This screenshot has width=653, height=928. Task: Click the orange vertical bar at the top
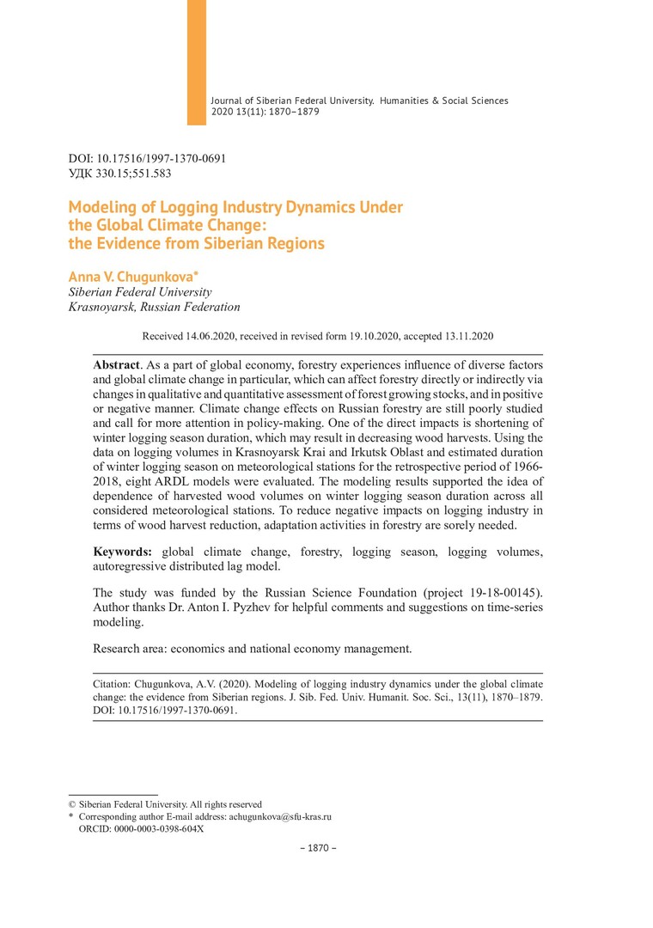[x=197, y=62]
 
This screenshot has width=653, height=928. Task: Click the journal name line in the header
[x=359, y=101]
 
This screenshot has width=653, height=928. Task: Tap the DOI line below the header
[x=147, y=159]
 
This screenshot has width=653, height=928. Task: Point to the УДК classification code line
[x=119, y=174]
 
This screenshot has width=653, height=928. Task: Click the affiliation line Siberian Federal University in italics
[x=133, y=292]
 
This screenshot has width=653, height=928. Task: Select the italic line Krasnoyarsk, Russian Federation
[x=154, y=307]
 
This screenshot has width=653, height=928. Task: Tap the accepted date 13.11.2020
[x=464, y=336]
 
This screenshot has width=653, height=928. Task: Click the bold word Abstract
[x=116, y=365]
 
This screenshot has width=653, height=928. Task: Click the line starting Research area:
[x=253, y=648]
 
